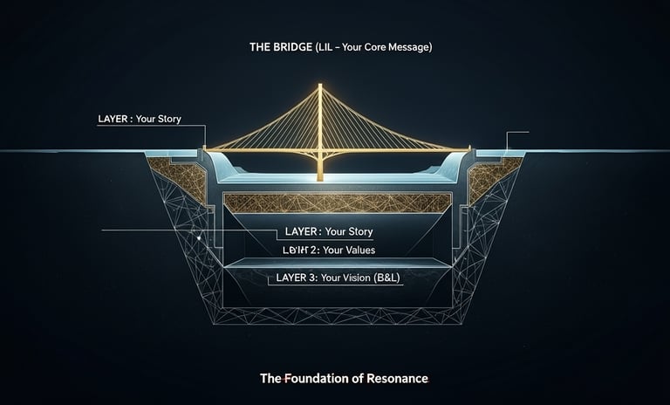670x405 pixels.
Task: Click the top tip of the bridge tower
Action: [320, 86]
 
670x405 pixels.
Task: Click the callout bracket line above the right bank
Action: [516, 134]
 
